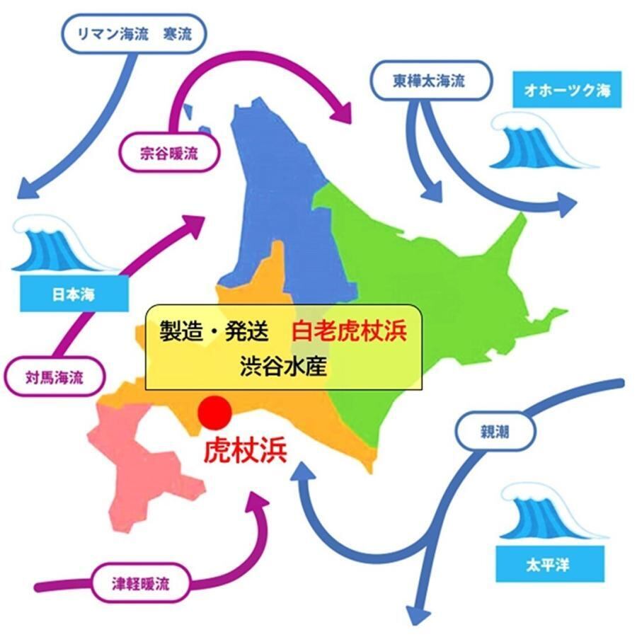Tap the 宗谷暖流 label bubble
[x=168, y=152]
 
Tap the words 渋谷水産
[x=283, y=367]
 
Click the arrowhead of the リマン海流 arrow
[x=25, y=190]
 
